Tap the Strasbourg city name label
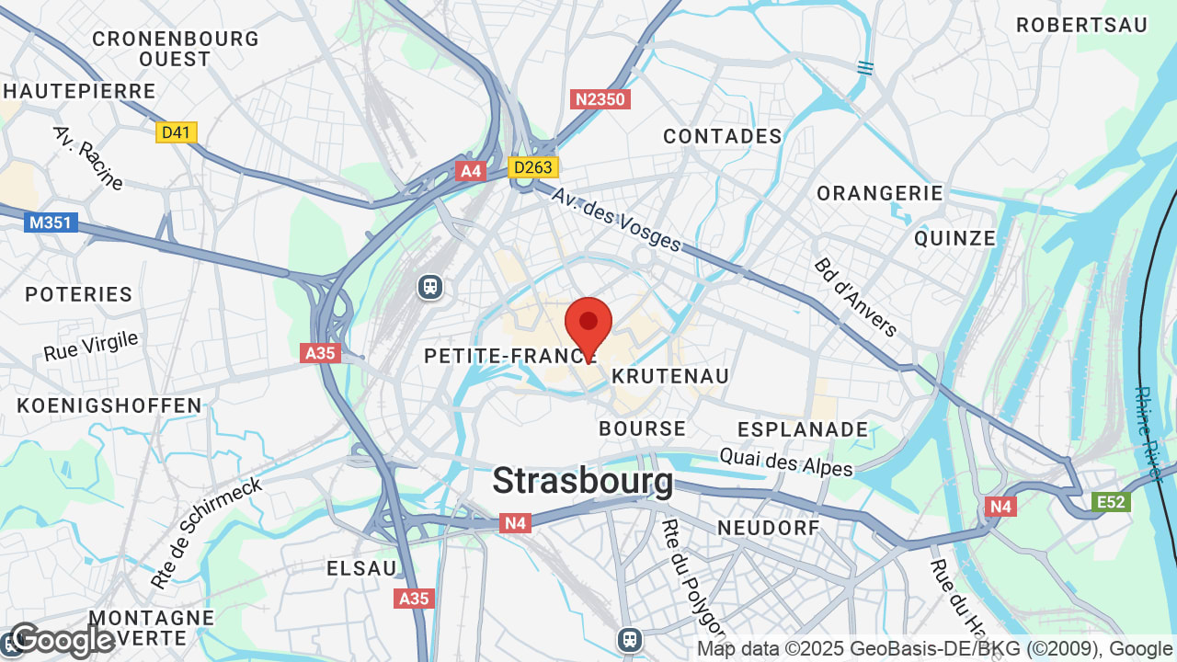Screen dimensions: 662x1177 (583, 481)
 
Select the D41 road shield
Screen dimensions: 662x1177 (176, 132)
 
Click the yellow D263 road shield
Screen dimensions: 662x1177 (533, 167)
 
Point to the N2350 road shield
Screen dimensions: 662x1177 (600, 99)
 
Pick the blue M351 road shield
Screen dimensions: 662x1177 (51, 223)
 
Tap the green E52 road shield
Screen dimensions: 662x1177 (1111, 502)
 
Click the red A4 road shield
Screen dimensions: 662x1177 (471, 171)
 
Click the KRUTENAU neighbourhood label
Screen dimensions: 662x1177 (670, 376)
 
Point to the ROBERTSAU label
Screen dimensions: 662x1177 (1082, 26)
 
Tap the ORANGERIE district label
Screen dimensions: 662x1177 (880, 193)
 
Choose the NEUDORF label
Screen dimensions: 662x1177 (768, 528)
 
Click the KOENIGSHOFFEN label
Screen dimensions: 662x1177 (109, 405)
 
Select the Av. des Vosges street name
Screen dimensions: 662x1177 (616, 219)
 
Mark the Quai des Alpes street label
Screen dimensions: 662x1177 (786, 462)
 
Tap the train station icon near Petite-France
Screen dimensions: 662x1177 (430, 287)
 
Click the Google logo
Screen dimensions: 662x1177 (62, 640)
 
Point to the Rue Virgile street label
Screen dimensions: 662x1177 (90, 347)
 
